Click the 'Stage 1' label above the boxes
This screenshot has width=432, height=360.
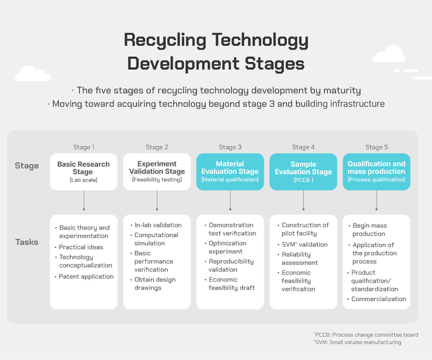point(84,147)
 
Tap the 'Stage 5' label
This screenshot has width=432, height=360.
point(377,147)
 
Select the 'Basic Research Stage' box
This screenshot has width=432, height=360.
point(84,172)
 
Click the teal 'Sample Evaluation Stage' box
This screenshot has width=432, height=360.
point(303,172)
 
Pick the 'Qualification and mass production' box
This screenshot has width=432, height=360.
point(377,172)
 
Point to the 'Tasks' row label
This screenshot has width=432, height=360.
point(27,242)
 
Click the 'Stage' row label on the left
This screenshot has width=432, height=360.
point(27,166)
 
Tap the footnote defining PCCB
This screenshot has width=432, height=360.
point(366,335)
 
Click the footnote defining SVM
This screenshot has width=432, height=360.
point(357,342)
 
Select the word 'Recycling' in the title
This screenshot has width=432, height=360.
point(165,41)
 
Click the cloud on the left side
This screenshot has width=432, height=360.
point(33,74)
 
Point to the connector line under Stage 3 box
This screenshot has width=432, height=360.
point(230,200)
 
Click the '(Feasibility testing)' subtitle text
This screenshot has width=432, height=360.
point(157,179)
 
